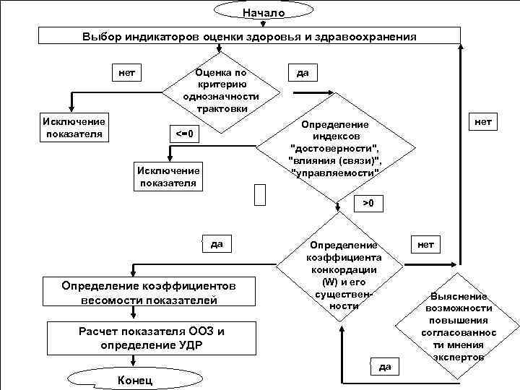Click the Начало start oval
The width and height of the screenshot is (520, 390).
click(264, 12)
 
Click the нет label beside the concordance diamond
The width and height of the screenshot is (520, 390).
click(426, 244)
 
